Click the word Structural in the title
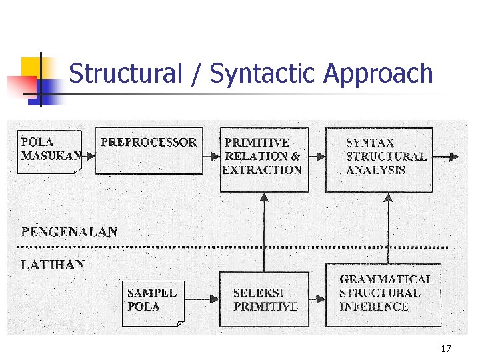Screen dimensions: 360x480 coord(125,73)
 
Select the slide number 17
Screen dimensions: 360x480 coord(446,349)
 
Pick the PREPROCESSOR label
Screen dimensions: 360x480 coord(149,143)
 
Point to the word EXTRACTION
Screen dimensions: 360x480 coord(262,170)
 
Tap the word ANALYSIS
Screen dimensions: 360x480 coord(375,170)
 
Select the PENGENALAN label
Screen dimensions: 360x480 coord(69,232)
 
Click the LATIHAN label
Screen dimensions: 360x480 coord(53,265)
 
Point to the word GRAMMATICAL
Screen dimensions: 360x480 coord(386,279)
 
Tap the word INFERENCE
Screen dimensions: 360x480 coord(373,307)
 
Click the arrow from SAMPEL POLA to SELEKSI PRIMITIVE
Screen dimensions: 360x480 coord(201,299)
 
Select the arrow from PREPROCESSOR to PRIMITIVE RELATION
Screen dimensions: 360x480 coord(211,157)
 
